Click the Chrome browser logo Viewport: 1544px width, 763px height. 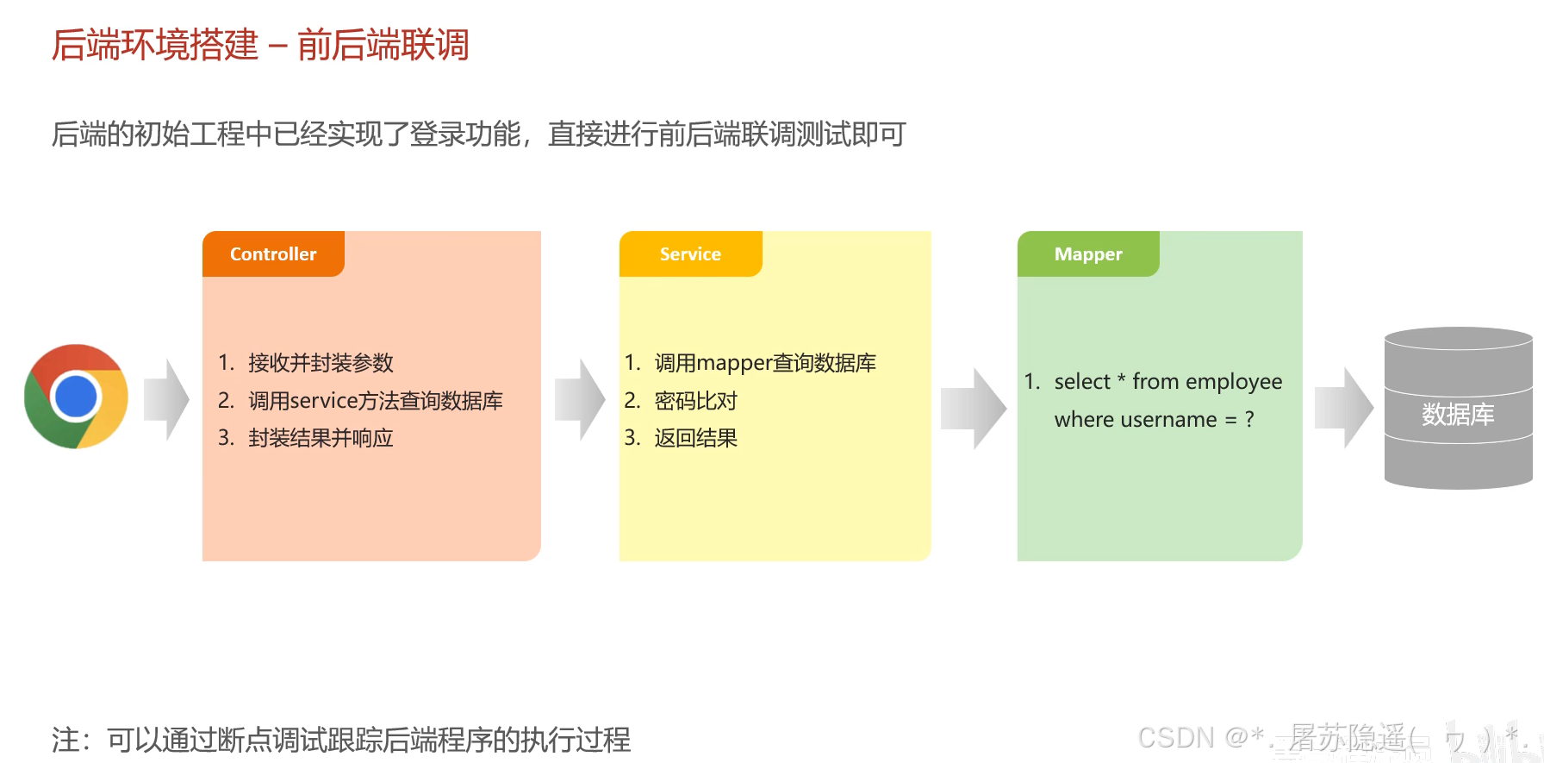pyautogui.click(x=76, y=397)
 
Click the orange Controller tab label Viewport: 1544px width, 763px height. pyautogui.click(x=273, y=254)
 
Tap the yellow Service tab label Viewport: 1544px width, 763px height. pyautogui.click(x=690, y=254)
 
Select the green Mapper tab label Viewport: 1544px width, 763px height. pyautogui.click(x=1088, y=254)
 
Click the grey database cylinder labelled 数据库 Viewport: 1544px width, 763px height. pyautogui.click(x=1458, y=409)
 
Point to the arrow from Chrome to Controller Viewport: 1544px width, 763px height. pyautogui.click(x=167, y=400)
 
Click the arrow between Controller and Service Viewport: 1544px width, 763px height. pyautogui.click(x=581, y=400)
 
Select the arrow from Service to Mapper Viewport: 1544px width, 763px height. pyautogui.click(x=974, y=409)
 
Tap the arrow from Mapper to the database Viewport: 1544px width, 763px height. pyautogui.click(x=1344, y=408)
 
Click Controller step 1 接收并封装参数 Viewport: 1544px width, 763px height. pyautogui.click(x=321, y=363)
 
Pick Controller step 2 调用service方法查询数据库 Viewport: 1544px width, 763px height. pyautogui.click(x=375, y=401)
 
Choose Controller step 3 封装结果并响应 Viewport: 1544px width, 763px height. pyautogui.click(x=321, y=438)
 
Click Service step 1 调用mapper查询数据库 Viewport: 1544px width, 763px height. pyautogui.click(x=765, y=363)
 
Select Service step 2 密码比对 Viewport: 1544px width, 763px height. pyautogui.click(x=695, y=401)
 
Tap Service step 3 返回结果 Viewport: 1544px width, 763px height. pyautogui.click(x=695, y=438)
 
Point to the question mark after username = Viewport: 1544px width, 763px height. pyautogui.click(x=1249, y=420)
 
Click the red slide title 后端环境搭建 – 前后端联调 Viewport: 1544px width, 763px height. pyautogui.click(x=260, y=45)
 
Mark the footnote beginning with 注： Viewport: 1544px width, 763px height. pyautogui.click(x=341, y=740)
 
